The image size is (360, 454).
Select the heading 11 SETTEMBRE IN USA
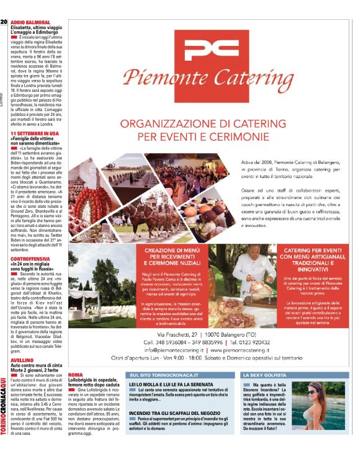coord(35,133)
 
